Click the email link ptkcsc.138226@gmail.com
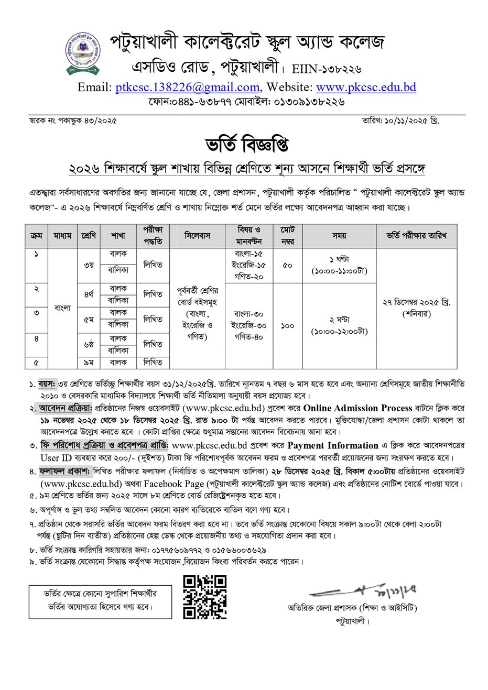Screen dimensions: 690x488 pyautogui.click(x=187, y=87)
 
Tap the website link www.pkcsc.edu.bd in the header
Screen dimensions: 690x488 pyautogui.click(x=366, y=87)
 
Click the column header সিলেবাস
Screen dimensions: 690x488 pyautogui.click(x=197, y=236)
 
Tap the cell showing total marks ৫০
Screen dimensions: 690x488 pyautogui.click(x=287, y=265)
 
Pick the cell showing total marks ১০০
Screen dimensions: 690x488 pyautogui.click(x=287, y=325)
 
